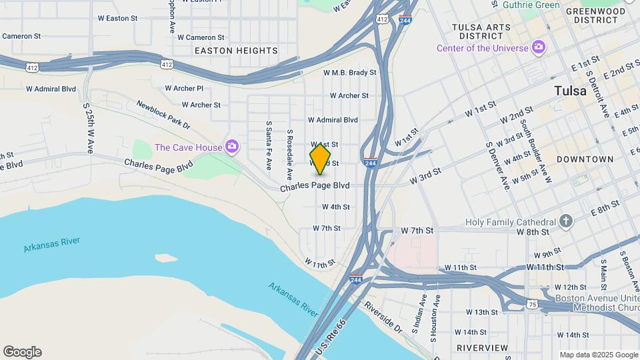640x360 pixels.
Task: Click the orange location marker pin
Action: pyautogui.click(x=320, y=159)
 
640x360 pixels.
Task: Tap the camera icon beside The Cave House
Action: pyautogui.click(x=232, y=147)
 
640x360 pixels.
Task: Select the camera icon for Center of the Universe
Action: pyautogui.click(x=539, y=47)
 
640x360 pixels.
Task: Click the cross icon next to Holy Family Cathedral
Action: pyautogui.click(x=565, y=221)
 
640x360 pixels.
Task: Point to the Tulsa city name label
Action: pyautogui.click(x=570, y=91)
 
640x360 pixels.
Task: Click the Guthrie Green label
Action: pyautogui.click(x=531, y=5)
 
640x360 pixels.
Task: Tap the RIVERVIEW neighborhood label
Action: pyautogui.click(x=482, y=348)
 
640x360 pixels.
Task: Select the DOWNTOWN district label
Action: pyautogui.click(x=585, y=159)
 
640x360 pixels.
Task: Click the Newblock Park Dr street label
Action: pyautogui.click(x=163, y=114)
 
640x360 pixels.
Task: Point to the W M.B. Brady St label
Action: pyautogui.click(x=350, y=72)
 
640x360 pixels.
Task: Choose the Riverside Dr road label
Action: pyautogui.click(x=383, y=317)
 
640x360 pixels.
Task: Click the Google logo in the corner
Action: pyautogui.click(x=22, y=352)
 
